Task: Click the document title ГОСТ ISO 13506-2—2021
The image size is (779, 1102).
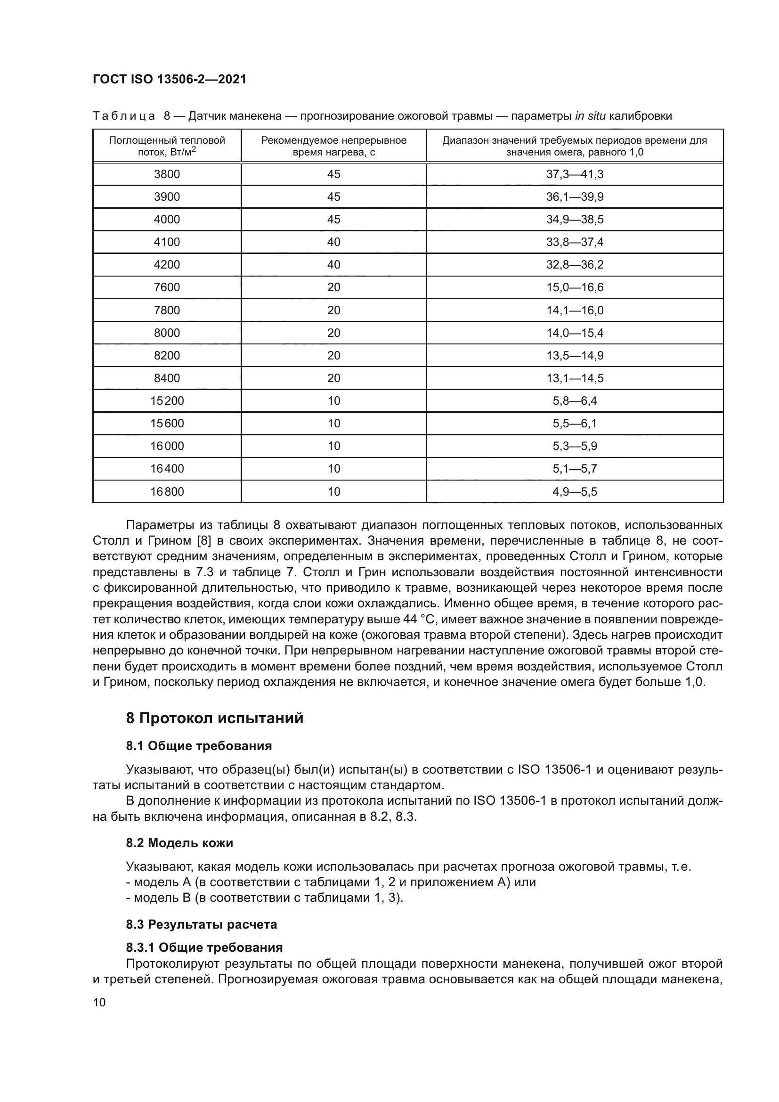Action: click(x=170, y=79)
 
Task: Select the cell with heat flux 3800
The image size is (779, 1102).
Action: click(x=167, y=174)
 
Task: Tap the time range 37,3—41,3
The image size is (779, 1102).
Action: click(x=575, y=174)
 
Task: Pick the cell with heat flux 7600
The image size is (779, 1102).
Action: click(x=167, y=287)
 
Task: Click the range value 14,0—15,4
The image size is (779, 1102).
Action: click(x=575, y=333)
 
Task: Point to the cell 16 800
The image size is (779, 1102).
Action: click(x=167, y=491)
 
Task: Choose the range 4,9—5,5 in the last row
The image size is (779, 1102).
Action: click(x=575, y=491)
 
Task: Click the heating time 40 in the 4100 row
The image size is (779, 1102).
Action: click(x=333, y=242)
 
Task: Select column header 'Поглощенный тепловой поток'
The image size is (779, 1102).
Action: click(x=167, y=146)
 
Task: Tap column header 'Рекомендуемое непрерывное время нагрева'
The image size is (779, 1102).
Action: click(x=333, y=146)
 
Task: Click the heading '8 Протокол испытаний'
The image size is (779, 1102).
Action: click(x=214, y=718)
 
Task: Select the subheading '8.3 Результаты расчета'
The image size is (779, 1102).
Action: click(x=202, y=924)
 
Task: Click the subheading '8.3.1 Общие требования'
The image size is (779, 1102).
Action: click(x=204, y=947)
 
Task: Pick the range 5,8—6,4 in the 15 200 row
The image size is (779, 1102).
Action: click(x=575, y=401)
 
